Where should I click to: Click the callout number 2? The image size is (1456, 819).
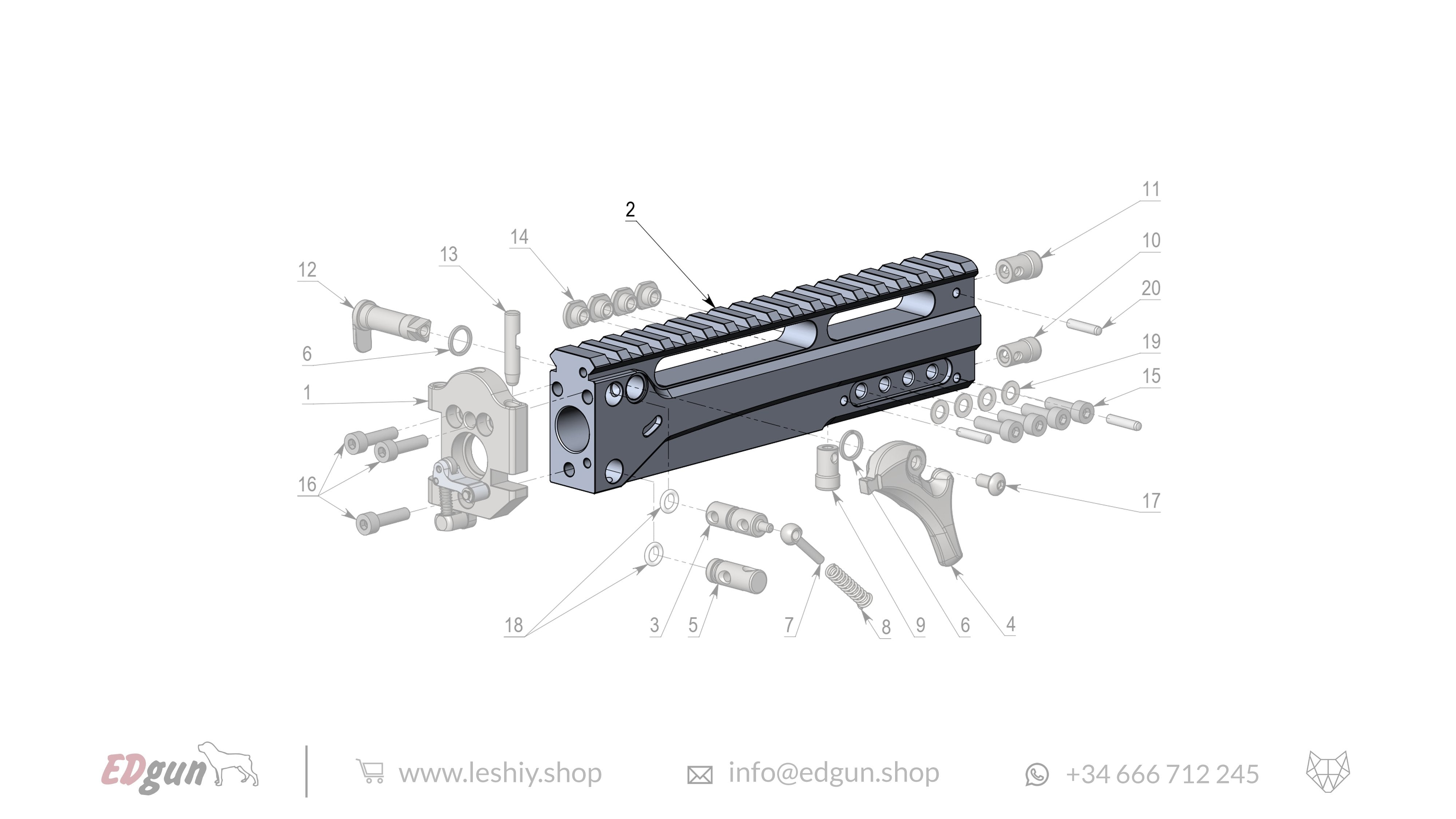coord(630,210)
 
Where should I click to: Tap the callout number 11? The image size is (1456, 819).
coord(1151,189)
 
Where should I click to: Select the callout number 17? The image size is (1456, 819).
coord(1151,501)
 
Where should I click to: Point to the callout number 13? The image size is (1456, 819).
coord(448,254)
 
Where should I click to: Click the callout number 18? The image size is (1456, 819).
coord(513,625)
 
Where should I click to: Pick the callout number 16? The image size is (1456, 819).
coord(307,484)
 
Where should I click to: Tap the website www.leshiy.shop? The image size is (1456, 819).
coord(500,773)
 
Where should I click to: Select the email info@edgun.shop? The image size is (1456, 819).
coord(833,773)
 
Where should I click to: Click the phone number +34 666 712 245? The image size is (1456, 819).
coord(1162,774)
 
